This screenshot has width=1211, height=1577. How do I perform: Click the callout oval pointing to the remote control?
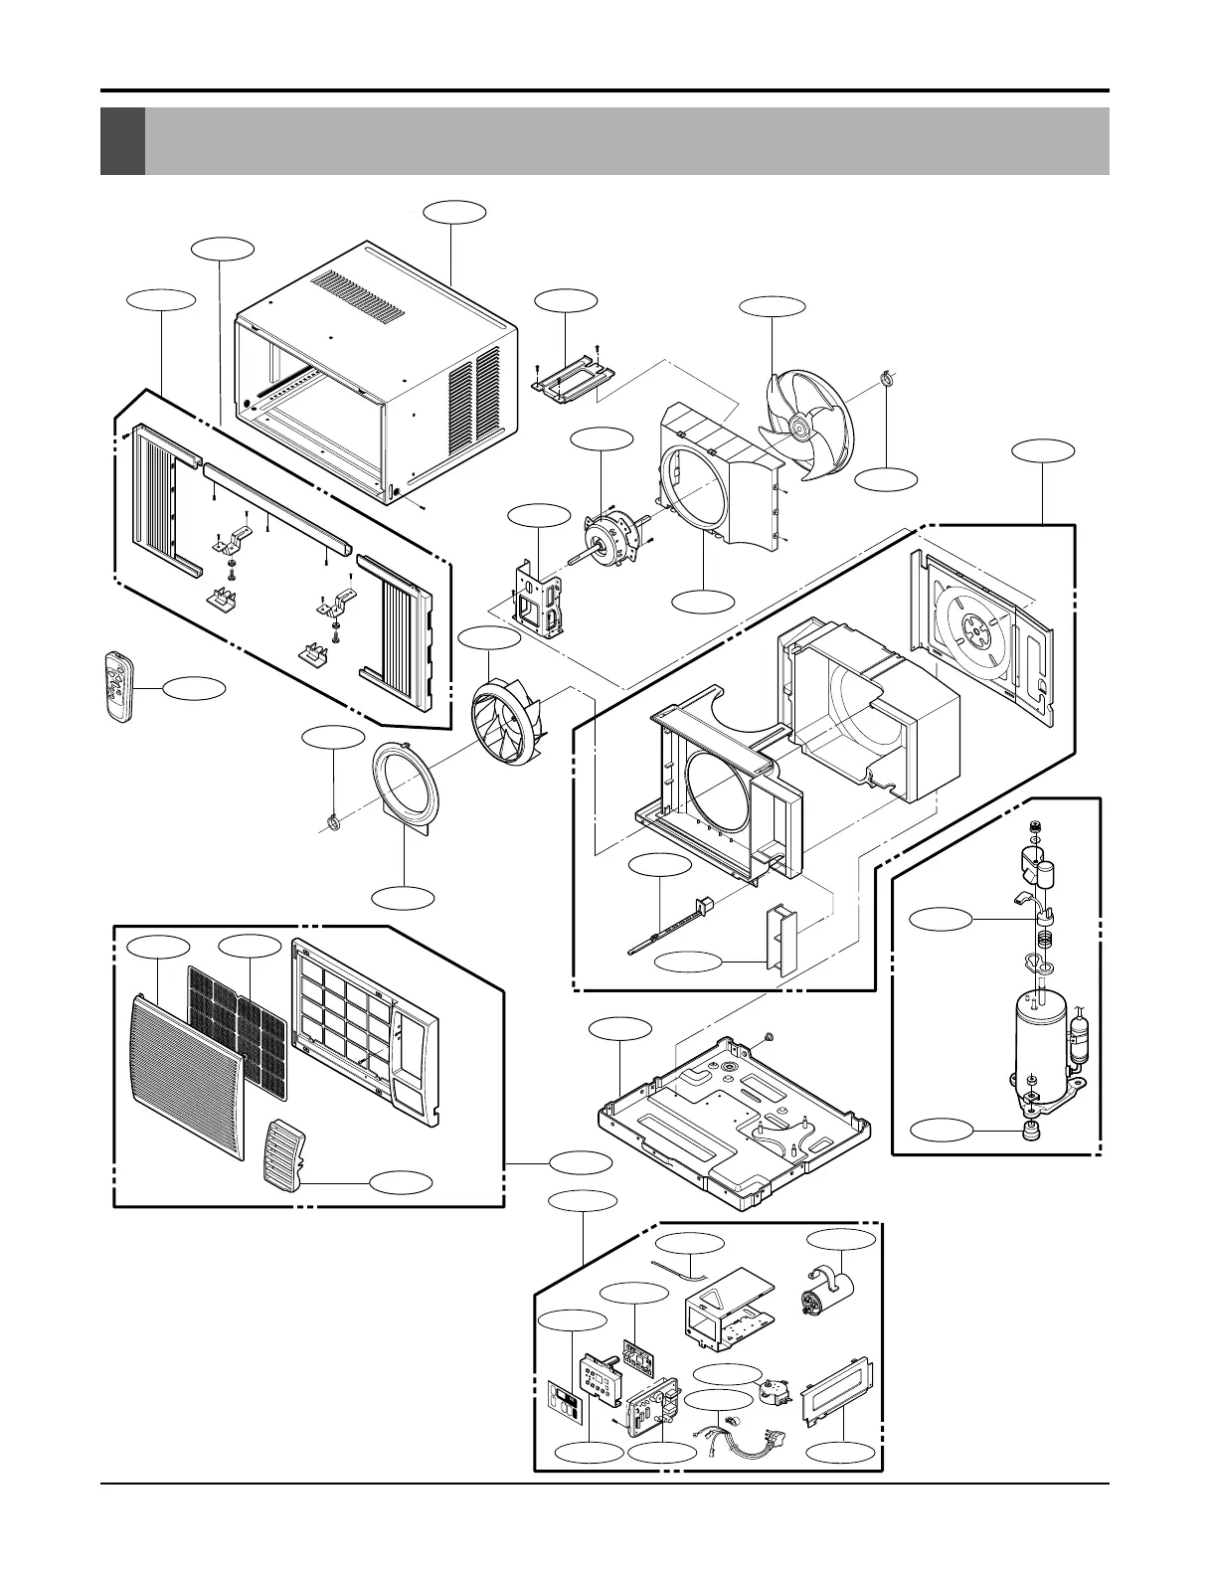[x=193, y=687]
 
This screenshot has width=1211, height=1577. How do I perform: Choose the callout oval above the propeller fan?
[x=774, y=306]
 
